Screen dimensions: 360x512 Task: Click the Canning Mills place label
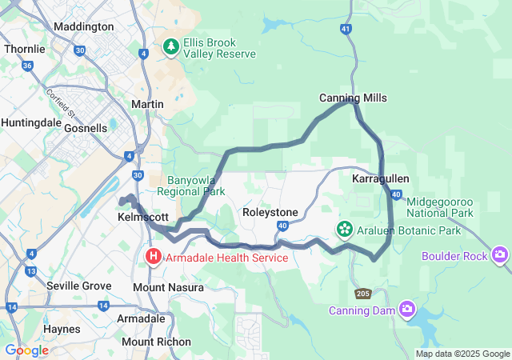tap(353, 98)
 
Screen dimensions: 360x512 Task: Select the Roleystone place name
tap(270, 212)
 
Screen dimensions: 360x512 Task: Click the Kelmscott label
tap(142, 217)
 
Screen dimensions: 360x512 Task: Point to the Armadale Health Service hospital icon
tap(153, 258)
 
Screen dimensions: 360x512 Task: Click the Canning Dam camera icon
tap(408, 309)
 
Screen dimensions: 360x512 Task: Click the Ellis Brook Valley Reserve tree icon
tap(170, 48)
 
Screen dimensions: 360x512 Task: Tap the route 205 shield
tap(363, 294)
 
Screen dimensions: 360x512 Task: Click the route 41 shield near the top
tap(346, 29)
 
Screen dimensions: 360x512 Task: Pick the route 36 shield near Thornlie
tap(28, 66)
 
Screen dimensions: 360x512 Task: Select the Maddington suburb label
tap(83, 26)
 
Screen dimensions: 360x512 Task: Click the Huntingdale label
tap(30, 122)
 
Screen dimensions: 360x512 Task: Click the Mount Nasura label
tap(168, 287)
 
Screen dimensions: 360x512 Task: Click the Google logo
tap(26, 350)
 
